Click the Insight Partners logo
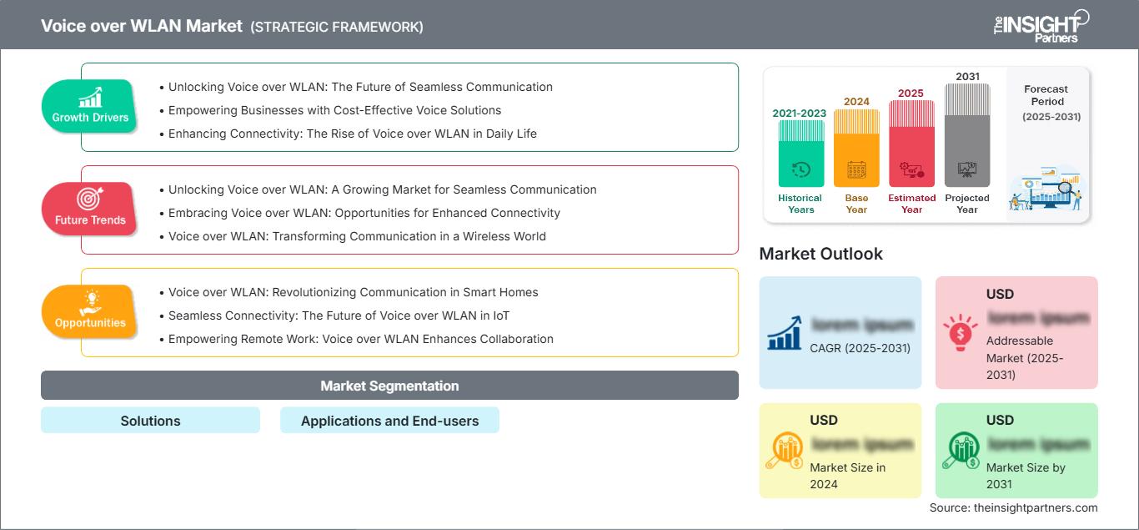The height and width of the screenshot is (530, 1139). coord(1040,25)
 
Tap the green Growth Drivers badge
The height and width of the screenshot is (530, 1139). coord(90,106)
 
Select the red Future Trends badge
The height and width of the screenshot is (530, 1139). coord(90,209)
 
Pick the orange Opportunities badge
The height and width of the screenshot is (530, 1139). coord(90,311)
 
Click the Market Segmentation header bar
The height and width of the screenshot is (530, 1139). coord(389,386)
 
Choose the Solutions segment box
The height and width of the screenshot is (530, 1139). coord(150,421)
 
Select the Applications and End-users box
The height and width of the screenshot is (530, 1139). coord(389,421)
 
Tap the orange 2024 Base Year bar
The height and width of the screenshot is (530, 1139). coord(856,149)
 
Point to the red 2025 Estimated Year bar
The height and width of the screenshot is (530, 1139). coord(911,144)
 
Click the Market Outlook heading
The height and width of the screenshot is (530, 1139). coord(820,254)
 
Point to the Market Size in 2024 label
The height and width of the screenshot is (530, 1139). coord(846,476)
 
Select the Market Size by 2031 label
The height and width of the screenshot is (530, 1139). coord(1026,476)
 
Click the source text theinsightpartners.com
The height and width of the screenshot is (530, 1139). coord(1014,507)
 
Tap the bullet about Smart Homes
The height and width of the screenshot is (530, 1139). coord(353,292)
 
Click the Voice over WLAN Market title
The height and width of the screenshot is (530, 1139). coord(142,26)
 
